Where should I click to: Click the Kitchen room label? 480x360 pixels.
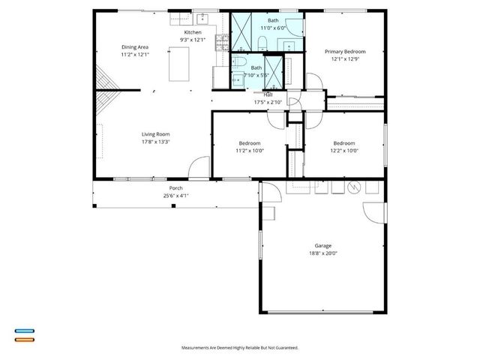point(193,33)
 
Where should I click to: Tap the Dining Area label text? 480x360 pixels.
point(135,47)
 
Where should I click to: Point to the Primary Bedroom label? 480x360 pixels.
point(345,52)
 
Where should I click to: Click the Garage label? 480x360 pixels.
point(323,245)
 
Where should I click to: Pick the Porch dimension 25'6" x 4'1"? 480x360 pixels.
point(175,196)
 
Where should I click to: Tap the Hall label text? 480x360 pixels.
point(268,95)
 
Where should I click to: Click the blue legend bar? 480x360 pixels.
point(24,331)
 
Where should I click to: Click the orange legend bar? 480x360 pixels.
point(24,339)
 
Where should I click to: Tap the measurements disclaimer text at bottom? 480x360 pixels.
point(239,348)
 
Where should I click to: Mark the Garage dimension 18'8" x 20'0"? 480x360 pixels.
point(323,253)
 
